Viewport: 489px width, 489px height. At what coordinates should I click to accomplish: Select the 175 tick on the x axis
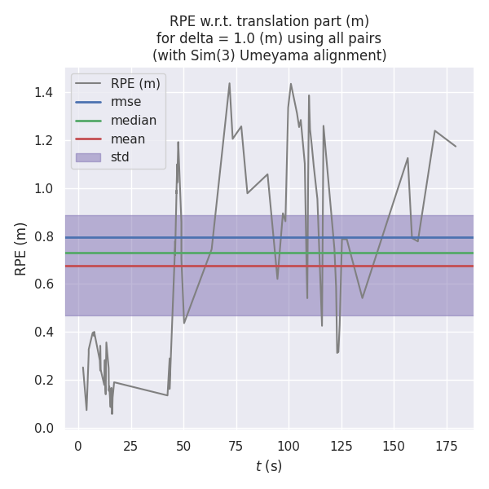point(446,446)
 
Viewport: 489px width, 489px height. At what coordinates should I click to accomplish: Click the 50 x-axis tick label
point(183,446)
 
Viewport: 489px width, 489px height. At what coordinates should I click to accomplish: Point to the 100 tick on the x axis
point(289,446)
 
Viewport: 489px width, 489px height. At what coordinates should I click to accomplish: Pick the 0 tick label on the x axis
point(78,446)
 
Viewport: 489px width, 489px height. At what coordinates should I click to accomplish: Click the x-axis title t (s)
point(269,467)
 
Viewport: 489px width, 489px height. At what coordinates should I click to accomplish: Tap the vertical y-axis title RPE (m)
point(21,249)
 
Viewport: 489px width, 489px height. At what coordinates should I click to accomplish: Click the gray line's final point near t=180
point(456,147)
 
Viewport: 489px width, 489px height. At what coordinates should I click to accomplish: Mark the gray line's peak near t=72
point(229,83)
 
